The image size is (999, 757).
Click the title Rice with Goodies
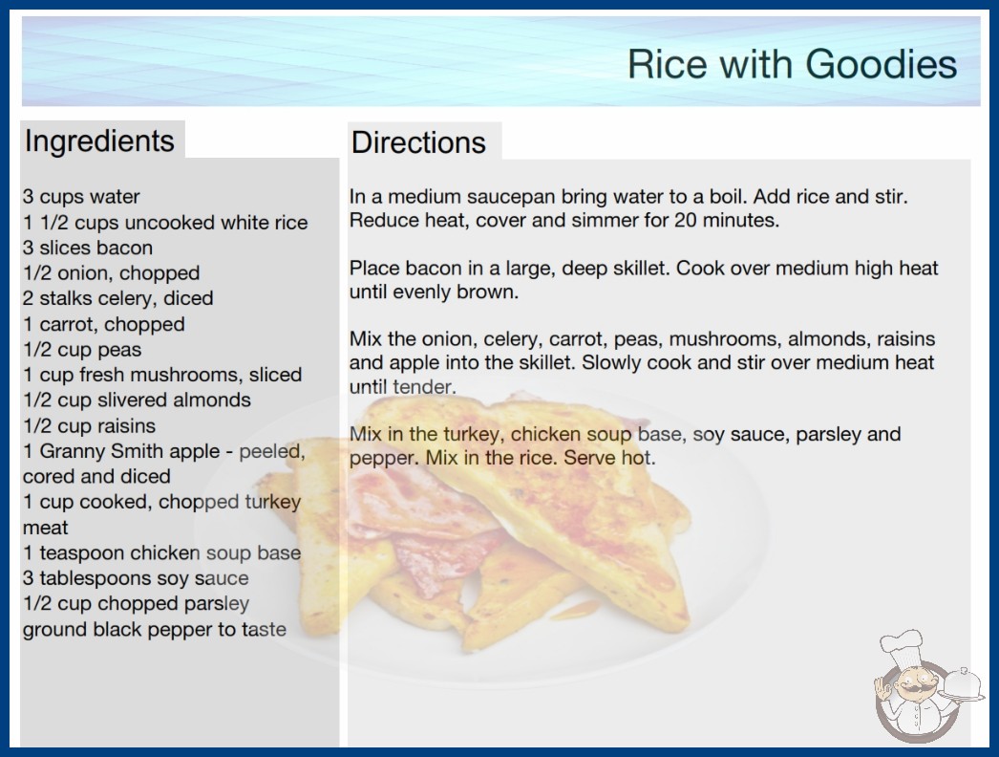(792, 64)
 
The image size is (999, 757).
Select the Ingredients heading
(99, 141)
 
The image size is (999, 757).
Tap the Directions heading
(418, 142)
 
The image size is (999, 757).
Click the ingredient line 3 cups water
(81, 197)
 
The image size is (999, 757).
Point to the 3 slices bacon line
(88, 248)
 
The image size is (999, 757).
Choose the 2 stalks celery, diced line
(117, 298)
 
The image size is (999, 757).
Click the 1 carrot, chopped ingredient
(104, 324)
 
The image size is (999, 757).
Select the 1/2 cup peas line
(82, 350)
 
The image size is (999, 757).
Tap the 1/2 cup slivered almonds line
(137, 400)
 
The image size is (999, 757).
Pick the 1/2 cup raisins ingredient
(89, 425)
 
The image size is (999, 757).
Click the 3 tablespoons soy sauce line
(136, 578)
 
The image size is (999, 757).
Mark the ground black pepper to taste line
(155, 630)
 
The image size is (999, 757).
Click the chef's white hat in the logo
(901, 644)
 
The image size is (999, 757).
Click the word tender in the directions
(423, 387)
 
